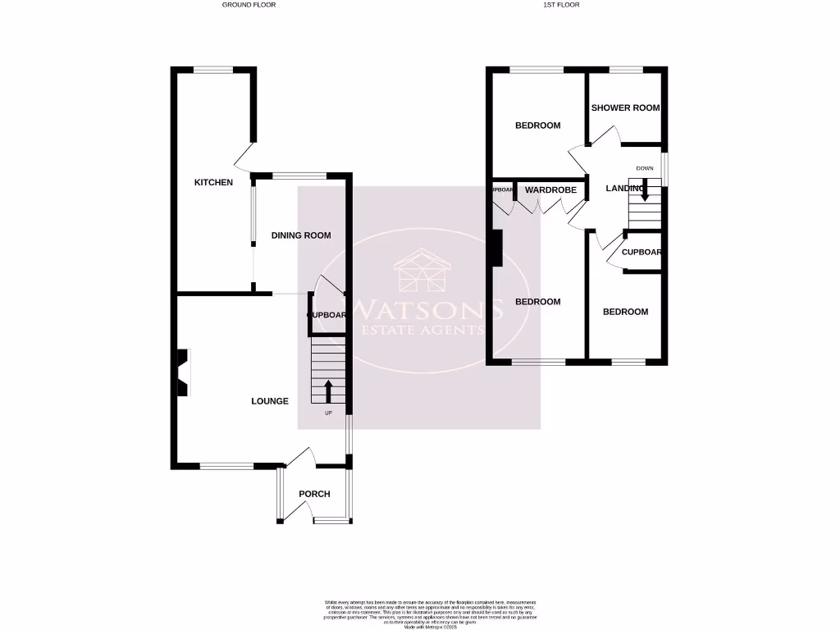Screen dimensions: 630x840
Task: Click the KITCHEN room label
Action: tap(213, 182)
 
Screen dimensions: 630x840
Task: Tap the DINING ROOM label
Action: tap(301, 235)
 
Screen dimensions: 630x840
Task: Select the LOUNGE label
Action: tap(270, 401)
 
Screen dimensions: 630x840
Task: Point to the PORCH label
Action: tap(314, 494)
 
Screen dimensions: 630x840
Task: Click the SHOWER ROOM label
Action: tap(625, 107)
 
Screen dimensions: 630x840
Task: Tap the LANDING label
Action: tap(624, 189)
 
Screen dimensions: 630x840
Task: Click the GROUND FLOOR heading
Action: tap(249, 5)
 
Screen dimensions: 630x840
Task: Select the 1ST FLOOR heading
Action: tap(561, 5)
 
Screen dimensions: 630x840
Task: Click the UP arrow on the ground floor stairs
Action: tap(328, 390)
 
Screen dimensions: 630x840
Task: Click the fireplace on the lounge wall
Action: tap(181, 374)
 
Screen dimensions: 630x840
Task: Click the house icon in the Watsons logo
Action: tap(422, 270)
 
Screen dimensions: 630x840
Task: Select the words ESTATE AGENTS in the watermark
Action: tap(422, 330)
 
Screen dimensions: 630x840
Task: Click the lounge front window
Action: tap(226, 466)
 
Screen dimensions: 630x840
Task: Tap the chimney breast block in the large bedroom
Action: tap(495, 248)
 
